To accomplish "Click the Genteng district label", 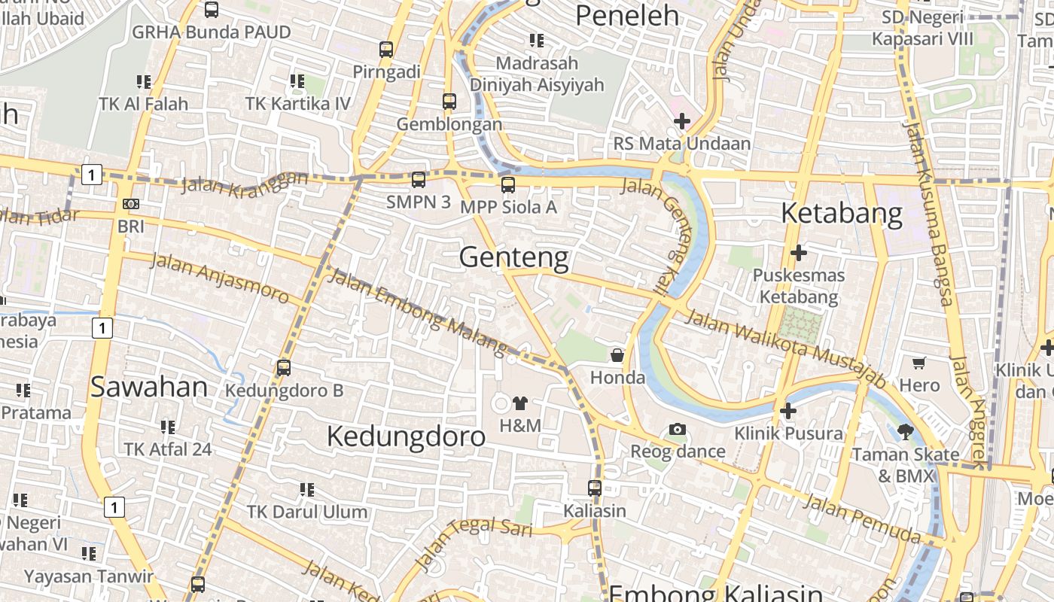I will [514, 257].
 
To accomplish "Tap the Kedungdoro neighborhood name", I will [406, 436].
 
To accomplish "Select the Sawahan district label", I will [149, 387].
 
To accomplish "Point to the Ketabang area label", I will [842, 214].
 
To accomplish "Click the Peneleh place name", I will [627, 16].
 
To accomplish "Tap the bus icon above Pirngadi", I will [386, 50].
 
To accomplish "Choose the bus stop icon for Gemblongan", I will [449, 102].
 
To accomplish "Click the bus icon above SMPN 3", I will [419, 180].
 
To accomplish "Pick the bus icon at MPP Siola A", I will [508, 184].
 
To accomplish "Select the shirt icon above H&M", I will [520, 403].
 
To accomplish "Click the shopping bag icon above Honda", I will [617, 355].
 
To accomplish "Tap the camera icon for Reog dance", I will [678, 430].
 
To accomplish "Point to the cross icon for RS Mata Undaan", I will [682, 120].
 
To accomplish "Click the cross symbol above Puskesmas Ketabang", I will [799, 253].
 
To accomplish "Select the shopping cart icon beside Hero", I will [919, 363].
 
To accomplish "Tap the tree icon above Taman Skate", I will [906, 432].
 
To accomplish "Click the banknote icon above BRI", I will [131, 204].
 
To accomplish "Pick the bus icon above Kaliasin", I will [595, 488].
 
